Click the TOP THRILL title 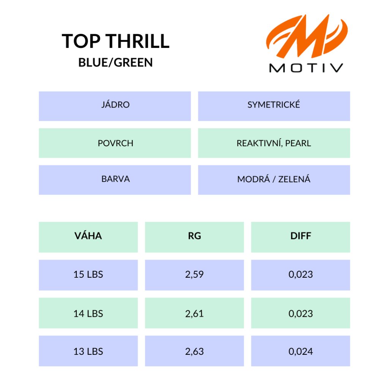coord(115,41)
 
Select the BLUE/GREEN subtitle coord(115,62)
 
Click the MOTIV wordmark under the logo coord(306,68)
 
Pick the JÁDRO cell coord(115,106)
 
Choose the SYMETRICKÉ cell coord(274,106)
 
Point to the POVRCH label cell coord(115,143)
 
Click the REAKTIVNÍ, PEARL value coord(274,143)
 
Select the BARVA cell coord(115,180)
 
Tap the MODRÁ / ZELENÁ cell coord(274,180)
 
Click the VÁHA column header coord(88,237)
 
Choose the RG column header coord(194,237)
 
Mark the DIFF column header coord(301,237)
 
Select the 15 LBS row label coord(88,274)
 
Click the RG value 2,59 coord(194,274)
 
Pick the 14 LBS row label coord(88,313)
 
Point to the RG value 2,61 coord(194,313)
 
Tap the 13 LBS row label coord(88,351)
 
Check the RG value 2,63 coord(194,351)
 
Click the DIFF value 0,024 coord(301,351)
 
